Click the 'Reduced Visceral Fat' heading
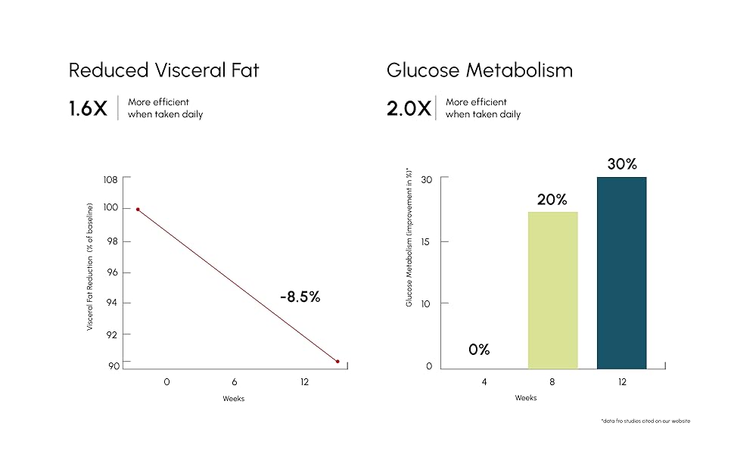[163, 70]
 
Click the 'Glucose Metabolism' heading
[479, 70]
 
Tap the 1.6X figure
[88, 108]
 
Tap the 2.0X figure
[409, 108]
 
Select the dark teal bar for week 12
[621, 272]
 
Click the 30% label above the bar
[621, 163]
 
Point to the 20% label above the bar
[552, 200]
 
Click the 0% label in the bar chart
[479, 350]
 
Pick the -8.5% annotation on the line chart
[300, 297]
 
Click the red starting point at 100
[138, 210]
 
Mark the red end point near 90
[337, 362]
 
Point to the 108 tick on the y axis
[110, 180]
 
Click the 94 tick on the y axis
[112, 303]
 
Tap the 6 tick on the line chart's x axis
[235, 382]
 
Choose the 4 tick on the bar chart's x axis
[484, 382]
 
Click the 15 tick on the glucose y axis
[426, 241]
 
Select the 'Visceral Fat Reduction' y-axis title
[89, 266]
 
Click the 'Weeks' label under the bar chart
[526, 397]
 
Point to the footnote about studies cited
[645, 421]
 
